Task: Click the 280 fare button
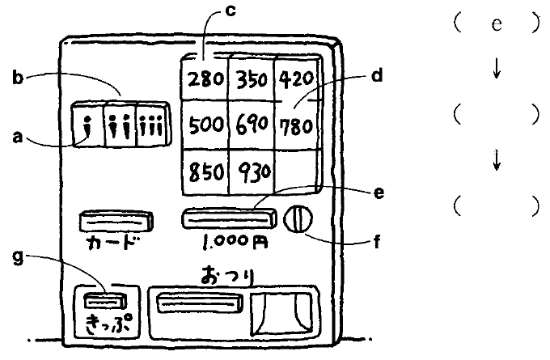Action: pyautogui.click(x=203, y=81)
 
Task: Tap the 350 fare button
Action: pyautogui.click(x=251, y=81)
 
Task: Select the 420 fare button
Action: pyautogui.click(x=297, y=81)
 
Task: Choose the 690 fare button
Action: pyautogui.click(x=251, y=127)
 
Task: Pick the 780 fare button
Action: pyautogui.click(x=297, y=127)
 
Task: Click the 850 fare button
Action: pyautogui.click(x=203, y=172)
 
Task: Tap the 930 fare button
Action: pyautogui.click(x=251, y=172)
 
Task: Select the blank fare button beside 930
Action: pyautogui.click(x=297, y=172)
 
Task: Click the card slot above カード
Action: pyautogui.click(x=115, y=219)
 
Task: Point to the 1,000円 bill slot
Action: pyautogui.click(x=226, y=218)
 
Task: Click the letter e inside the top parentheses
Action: pyautogui.click(x=497, y=24)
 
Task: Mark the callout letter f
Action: pyautogui.click(x=375, y=240)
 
